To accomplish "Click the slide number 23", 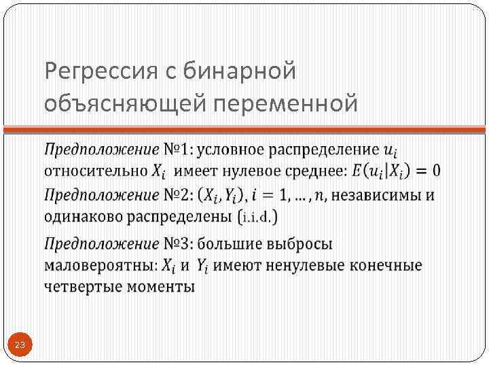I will [20, 346].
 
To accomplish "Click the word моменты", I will [160, 286].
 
